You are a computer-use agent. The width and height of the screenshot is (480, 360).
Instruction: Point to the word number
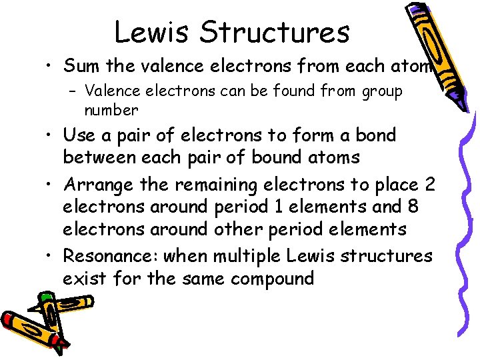pyautogui.click(x=111, y=109)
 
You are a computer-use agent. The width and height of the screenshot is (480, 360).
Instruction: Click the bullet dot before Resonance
pyautogui.click(x=50, y=257)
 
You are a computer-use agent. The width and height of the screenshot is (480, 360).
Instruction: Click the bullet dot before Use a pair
pyautogui.click(x=50, y=136)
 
